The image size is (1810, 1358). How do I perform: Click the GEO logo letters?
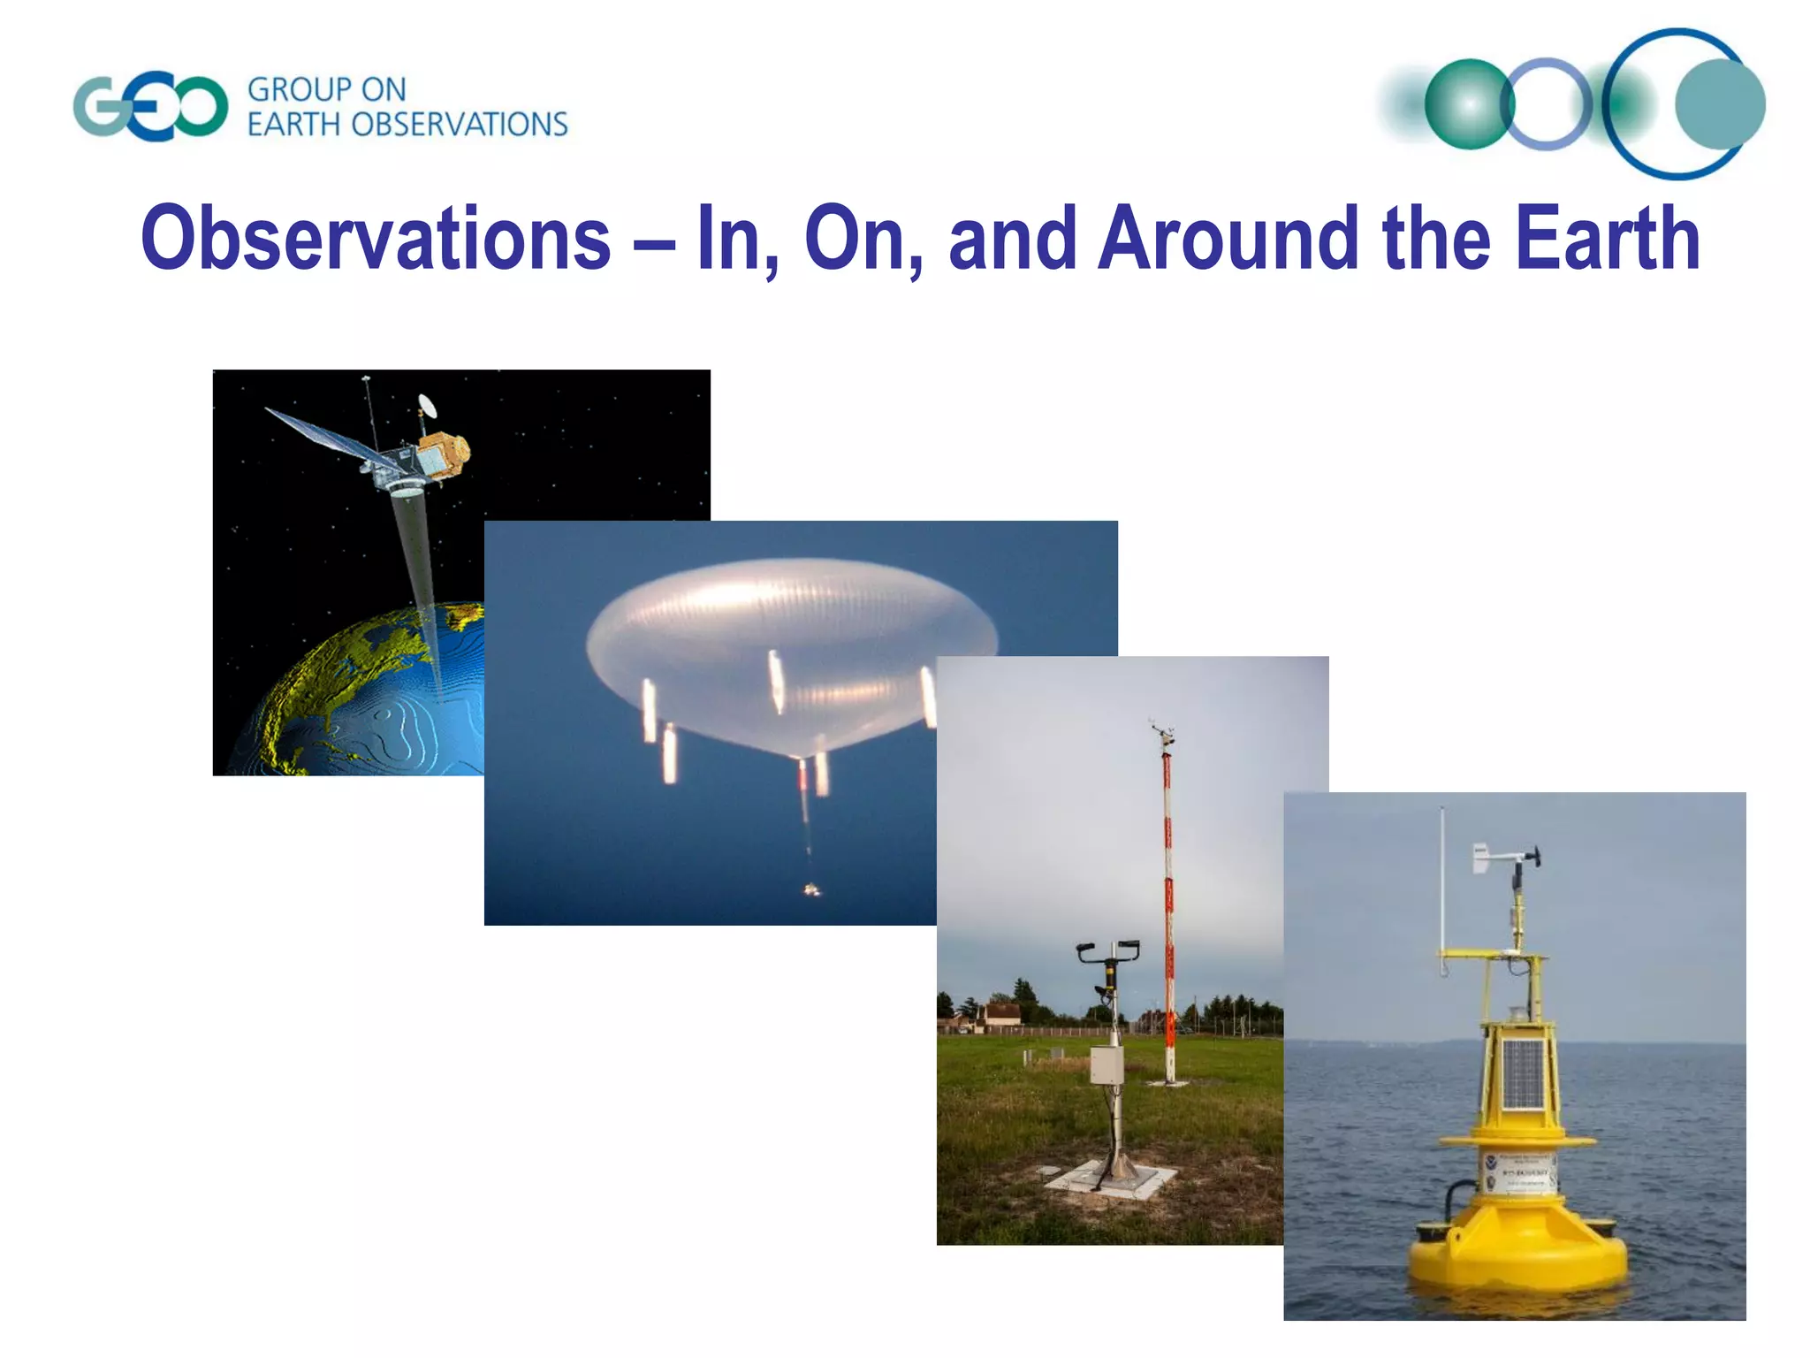pos(150,108)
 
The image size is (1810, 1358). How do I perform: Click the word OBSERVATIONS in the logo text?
pos(459,125)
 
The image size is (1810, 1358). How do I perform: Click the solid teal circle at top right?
pos(1719,105)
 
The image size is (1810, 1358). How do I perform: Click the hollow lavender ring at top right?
pos(1546,103)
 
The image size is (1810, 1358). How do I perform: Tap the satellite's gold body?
pos(445,454)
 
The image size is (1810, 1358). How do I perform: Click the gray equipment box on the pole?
pos(1106,1065)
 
